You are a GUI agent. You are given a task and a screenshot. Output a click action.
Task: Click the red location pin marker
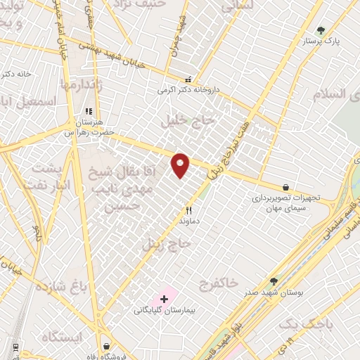[181, 165]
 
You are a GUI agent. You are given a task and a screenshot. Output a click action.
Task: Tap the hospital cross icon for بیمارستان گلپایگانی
[165, 299]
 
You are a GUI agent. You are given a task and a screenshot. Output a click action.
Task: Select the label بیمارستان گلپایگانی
[165, 310]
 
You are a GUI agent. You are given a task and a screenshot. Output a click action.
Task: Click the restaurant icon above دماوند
[188, 210]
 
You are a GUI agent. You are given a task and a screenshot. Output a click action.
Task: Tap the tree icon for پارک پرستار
[321, 30]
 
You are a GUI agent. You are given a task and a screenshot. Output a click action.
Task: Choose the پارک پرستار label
[321, 41]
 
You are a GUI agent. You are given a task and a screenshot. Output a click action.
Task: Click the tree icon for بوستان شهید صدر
[274, 281]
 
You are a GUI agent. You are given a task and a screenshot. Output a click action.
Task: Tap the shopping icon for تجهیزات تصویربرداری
[285, 187]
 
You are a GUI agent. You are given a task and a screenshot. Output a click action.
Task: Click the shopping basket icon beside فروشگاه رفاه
[106, 346]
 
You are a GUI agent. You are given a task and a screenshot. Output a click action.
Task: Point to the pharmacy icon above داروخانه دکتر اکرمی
[188, 79]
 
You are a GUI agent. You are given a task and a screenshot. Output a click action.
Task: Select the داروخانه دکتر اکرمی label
[188, 91]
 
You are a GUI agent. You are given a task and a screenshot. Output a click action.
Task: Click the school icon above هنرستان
[89, 111]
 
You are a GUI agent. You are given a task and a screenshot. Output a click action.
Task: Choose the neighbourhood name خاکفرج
[219, 283]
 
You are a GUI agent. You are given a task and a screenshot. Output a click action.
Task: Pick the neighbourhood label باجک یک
[304, 323]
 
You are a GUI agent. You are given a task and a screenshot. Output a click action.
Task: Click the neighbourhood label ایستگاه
[62, 336]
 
